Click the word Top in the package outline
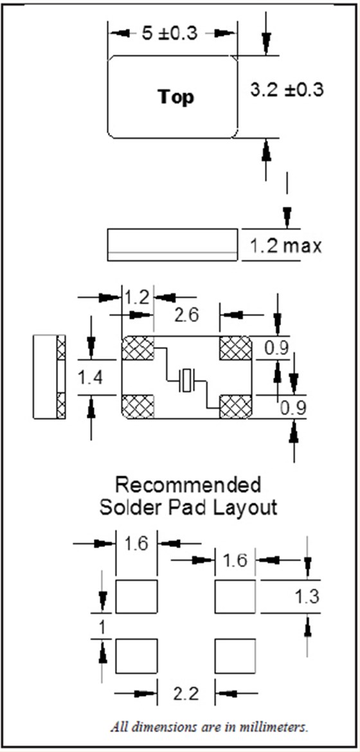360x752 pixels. [175, 97]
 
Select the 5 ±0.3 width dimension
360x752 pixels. [170, 33]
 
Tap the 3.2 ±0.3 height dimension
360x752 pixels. [287, 90]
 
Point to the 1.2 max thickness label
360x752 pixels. [285, 247]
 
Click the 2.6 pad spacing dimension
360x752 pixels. [186, 316]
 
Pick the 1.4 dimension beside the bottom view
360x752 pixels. [91, 379]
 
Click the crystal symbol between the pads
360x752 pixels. [186, 381]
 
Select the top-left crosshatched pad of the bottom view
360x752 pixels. [138, 348]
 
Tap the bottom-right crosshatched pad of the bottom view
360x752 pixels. [236, 407]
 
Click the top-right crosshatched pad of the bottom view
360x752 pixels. [236, 348]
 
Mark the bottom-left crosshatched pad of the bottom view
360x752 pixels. [138, 407]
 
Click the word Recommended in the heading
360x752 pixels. [188, 485]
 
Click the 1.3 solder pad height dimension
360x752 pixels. [306, 597]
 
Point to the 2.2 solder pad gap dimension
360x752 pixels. [186, 694]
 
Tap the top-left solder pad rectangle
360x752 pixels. [137, 596]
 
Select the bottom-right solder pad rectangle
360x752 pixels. [235, 656]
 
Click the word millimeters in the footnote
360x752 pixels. [282, 727]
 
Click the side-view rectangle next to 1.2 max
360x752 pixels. [172, 245]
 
